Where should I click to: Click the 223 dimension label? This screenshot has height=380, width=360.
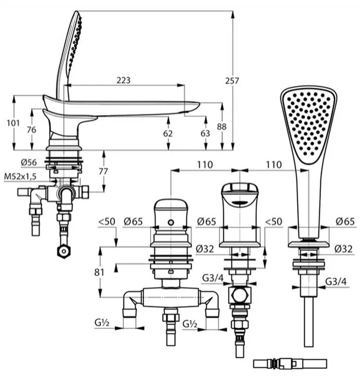click(x=124, y=80)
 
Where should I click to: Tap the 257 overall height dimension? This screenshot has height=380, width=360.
click(x=232, y=81)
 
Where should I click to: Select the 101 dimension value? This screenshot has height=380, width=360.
click(x=13, y=123)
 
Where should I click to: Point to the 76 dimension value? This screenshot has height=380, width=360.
click(x=31, y=130)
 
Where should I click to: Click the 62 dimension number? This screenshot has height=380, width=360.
click(x=168, y=133)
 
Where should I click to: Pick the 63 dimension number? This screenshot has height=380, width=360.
click(x=205, y=133)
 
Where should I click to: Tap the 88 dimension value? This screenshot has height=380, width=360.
click(x=222, y=127)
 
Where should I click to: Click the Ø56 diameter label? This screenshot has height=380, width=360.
click(x=29, y=162)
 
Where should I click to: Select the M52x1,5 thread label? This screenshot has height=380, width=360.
click(x=20, y=176)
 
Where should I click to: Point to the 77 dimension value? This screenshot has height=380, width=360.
click(x=103, y=171)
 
